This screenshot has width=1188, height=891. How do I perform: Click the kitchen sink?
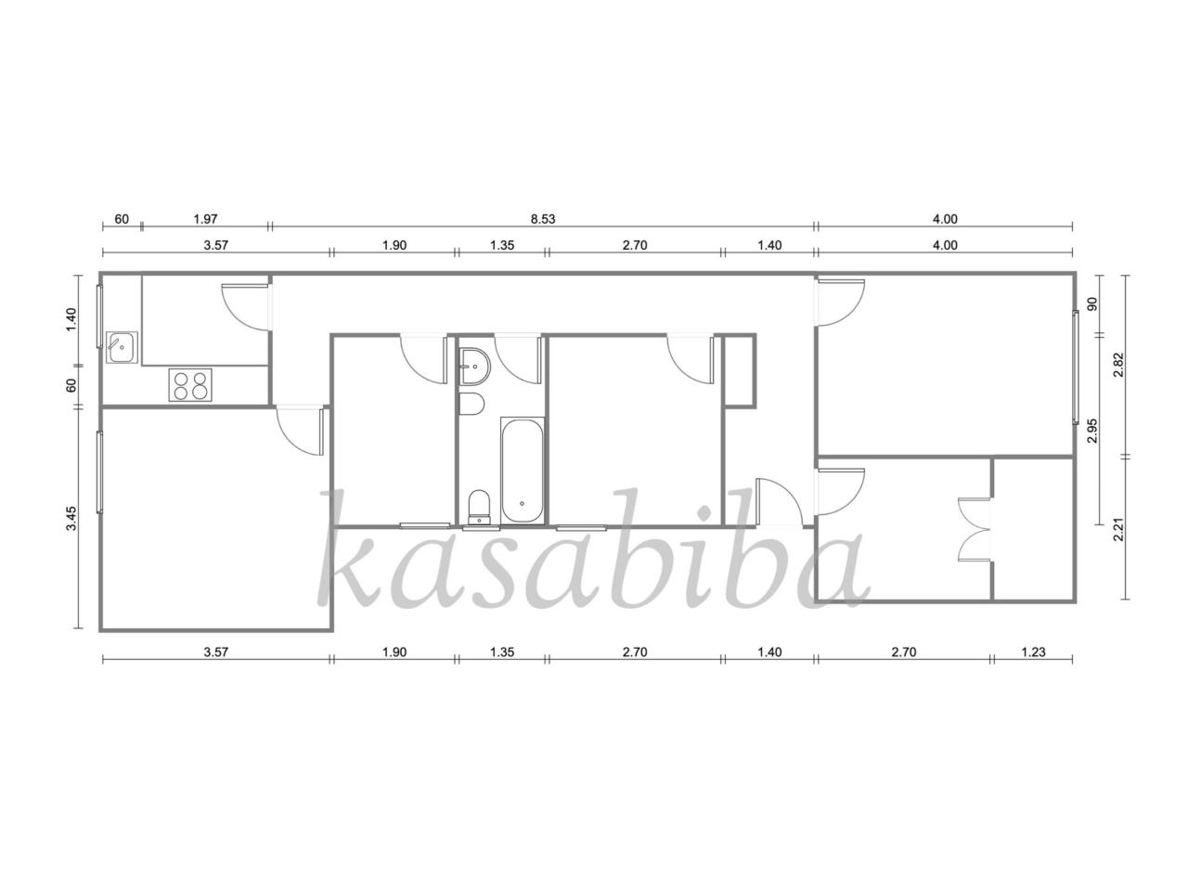click(122, 347)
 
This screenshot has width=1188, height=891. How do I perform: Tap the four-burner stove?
click(189, 384)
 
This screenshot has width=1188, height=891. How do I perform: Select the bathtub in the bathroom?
click(522, 469)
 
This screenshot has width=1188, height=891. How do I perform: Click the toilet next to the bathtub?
click(478, 507)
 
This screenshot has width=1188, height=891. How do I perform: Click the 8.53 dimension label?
click(542, 219)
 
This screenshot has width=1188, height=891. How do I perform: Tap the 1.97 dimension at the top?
click(205, 219)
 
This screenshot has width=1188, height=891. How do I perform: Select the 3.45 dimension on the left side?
click(71, 518)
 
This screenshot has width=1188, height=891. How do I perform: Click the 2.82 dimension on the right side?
click(1119, 365)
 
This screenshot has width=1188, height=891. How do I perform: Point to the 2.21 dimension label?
click(1119, 529)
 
